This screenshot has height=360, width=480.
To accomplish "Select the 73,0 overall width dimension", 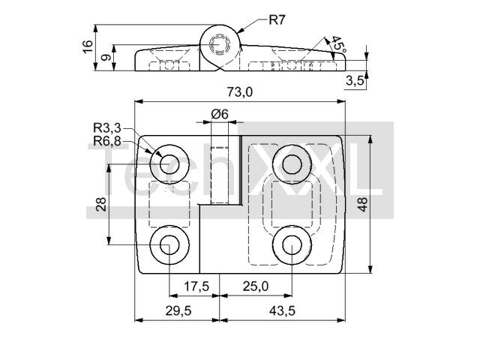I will coord(239,91).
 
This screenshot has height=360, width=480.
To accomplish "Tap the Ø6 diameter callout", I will coord(220,113).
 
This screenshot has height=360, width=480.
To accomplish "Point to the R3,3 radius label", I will coord(107,128).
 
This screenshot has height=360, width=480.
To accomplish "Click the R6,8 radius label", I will coord(107,140).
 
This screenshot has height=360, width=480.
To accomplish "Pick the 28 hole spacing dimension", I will coord(102,203).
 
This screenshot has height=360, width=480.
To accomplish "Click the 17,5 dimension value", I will coord(196,286).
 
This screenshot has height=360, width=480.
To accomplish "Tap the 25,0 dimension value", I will coord(256,286).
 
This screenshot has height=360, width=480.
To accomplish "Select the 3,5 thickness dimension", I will coord(355,81).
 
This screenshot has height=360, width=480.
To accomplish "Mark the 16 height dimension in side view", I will coord(88,46).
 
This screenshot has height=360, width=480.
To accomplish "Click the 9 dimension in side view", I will coord(106,58).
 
